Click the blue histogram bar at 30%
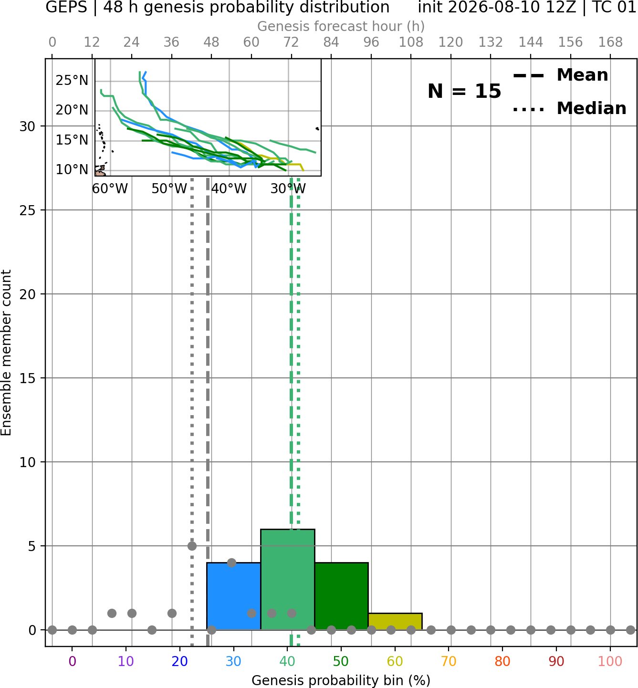[233, 596]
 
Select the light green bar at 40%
[288, 580]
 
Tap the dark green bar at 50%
[341, 596]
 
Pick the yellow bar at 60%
[395, 622]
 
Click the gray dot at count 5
[192, 546]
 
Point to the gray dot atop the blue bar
[231, 563]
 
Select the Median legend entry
[570, 108]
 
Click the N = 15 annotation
[464, 91]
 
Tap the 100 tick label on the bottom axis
[610, 661]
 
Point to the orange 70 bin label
[449, 661]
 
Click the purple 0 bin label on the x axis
[72, 661]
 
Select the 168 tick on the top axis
[610, 42]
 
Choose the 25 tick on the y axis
[27, 210]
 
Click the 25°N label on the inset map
[72, 80]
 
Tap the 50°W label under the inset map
[169, 189]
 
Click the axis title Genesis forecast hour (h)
[341, 26]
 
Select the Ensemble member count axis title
[6, 353]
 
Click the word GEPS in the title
[66, 7]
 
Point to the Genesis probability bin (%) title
[341, 680]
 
